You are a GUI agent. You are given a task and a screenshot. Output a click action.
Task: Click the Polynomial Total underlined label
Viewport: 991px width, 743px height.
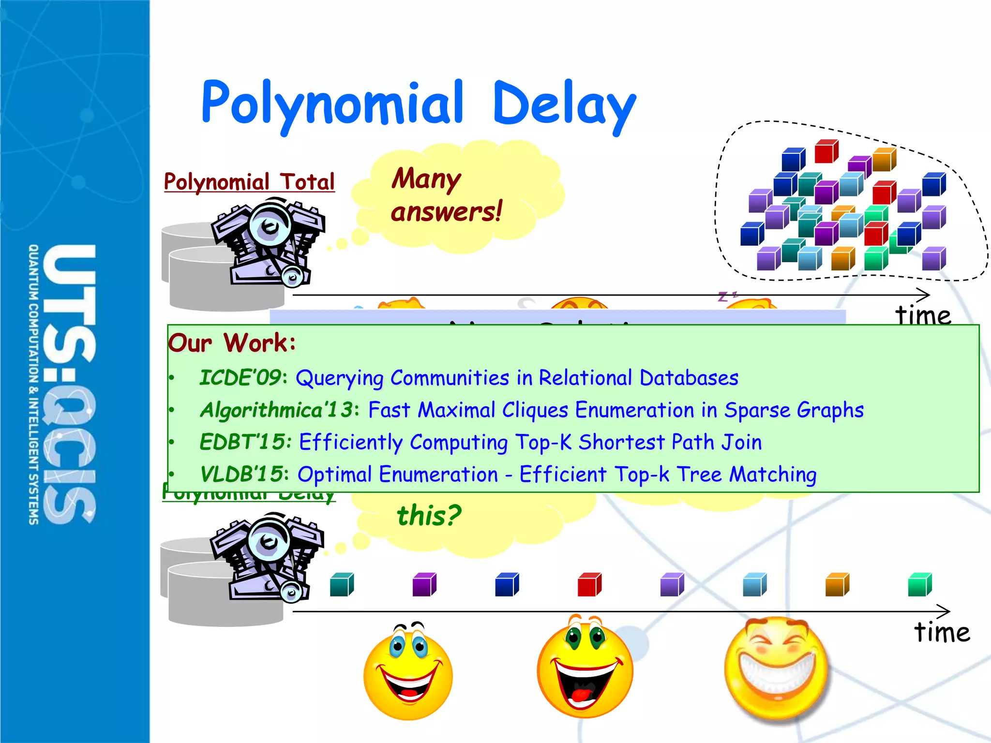tap(249, 182)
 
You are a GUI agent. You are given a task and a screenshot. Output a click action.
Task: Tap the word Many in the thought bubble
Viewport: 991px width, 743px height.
tap(426, 178)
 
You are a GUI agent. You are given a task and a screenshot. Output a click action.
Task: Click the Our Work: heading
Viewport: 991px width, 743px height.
tap(232, 343)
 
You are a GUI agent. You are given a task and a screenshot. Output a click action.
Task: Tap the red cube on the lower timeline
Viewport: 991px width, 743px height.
tap(589, 584)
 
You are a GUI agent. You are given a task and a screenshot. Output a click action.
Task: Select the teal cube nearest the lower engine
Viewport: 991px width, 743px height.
tap(342, 584)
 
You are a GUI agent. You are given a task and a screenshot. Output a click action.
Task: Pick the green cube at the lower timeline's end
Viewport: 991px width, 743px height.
tap(919, 584)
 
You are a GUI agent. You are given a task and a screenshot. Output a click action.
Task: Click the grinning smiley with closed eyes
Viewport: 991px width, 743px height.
tap(776, 668)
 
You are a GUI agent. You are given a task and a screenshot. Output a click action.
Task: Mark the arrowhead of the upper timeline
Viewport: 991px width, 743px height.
tap(925, 295)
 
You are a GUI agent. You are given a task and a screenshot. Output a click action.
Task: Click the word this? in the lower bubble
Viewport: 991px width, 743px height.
tap(429, 516)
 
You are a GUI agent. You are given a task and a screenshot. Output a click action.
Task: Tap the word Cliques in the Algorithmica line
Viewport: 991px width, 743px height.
tap(535, 410)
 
